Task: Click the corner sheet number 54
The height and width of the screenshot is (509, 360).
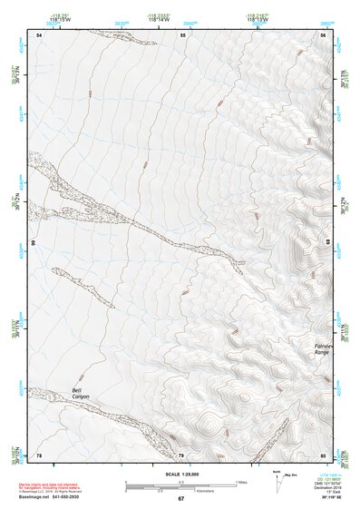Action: coord(38,34)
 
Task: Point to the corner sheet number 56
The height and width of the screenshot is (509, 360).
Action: coord(323,34)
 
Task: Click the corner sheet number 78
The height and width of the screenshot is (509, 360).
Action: coord(38,455)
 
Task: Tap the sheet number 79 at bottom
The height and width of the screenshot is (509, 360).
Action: coord(180,455)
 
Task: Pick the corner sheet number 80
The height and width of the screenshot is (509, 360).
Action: coord(323,455)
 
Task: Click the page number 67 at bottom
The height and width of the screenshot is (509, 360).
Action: coord(180,499)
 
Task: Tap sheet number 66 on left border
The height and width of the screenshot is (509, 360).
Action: coord(33,243)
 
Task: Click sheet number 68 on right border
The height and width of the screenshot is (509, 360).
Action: coord(327,243)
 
